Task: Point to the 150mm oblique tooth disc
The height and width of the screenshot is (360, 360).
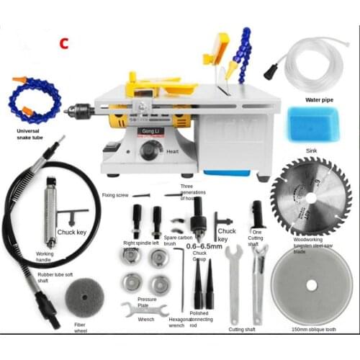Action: pyautogui.click(x=311, y=284)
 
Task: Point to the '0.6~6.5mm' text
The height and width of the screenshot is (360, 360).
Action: pyautogui.click(x=205, y=245)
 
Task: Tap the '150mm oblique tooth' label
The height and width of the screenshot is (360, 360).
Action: pyautogui.click(x=312, y=328)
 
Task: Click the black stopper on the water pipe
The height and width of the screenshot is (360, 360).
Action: pyautogui.click(x=271, y=71)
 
